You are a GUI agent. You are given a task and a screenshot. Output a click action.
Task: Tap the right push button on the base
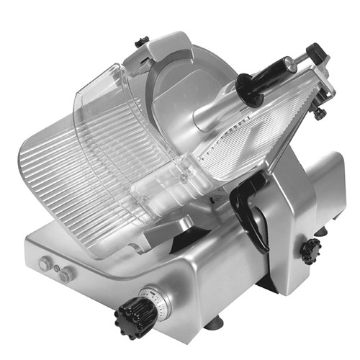click(x=67, y=275)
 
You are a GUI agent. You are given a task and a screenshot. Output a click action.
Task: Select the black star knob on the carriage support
click(x=311, y=250)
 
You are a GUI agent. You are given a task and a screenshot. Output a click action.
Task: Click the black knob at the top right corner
click(x=317, y=54)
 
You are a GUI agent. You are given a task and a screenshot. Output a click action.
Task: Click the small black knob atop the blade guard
click(x=143, y=40)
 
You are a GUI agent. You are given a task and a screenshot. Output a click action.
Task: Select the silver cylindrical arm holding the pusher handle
click(x=216, y=108)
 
